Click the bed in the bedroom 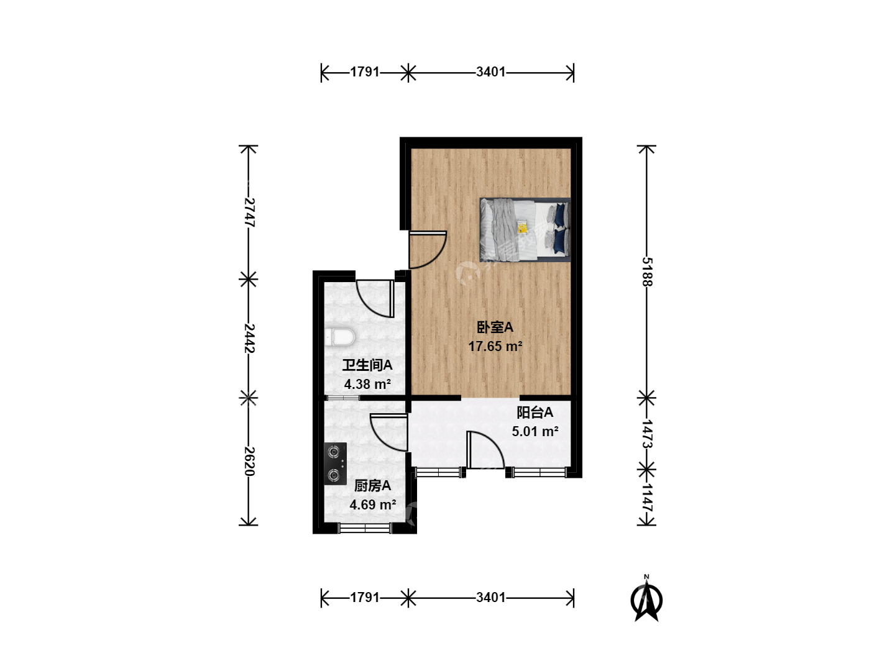click(x=525, y=229)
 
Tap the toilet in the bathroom click(x=340, y=337)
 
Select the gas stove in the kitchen click(x=335, y=463)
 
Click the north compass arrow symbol click(x=646, y=599)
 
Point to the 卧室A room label click(x=495, y=327)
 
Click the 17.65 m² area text click(x=495, y=346)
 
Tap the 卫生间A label click(x=367, y=365)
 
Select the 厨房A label click(x=372, y=486)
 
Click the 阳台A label click(x=535, y=413)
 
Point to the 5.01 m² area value click(x=535, y=431)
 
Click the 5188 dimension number click(x=646, y=272)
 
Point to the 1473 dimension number click(x=646, y=434)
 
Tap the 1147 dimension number click(x=646, y=498)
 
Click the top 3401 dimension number click(x=491, y=71)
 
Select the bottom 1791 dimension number click(x=365, y=598)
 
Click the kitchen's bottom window click(x=365, y=528)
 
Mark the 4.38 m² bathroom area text click(x=367, y=384)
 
